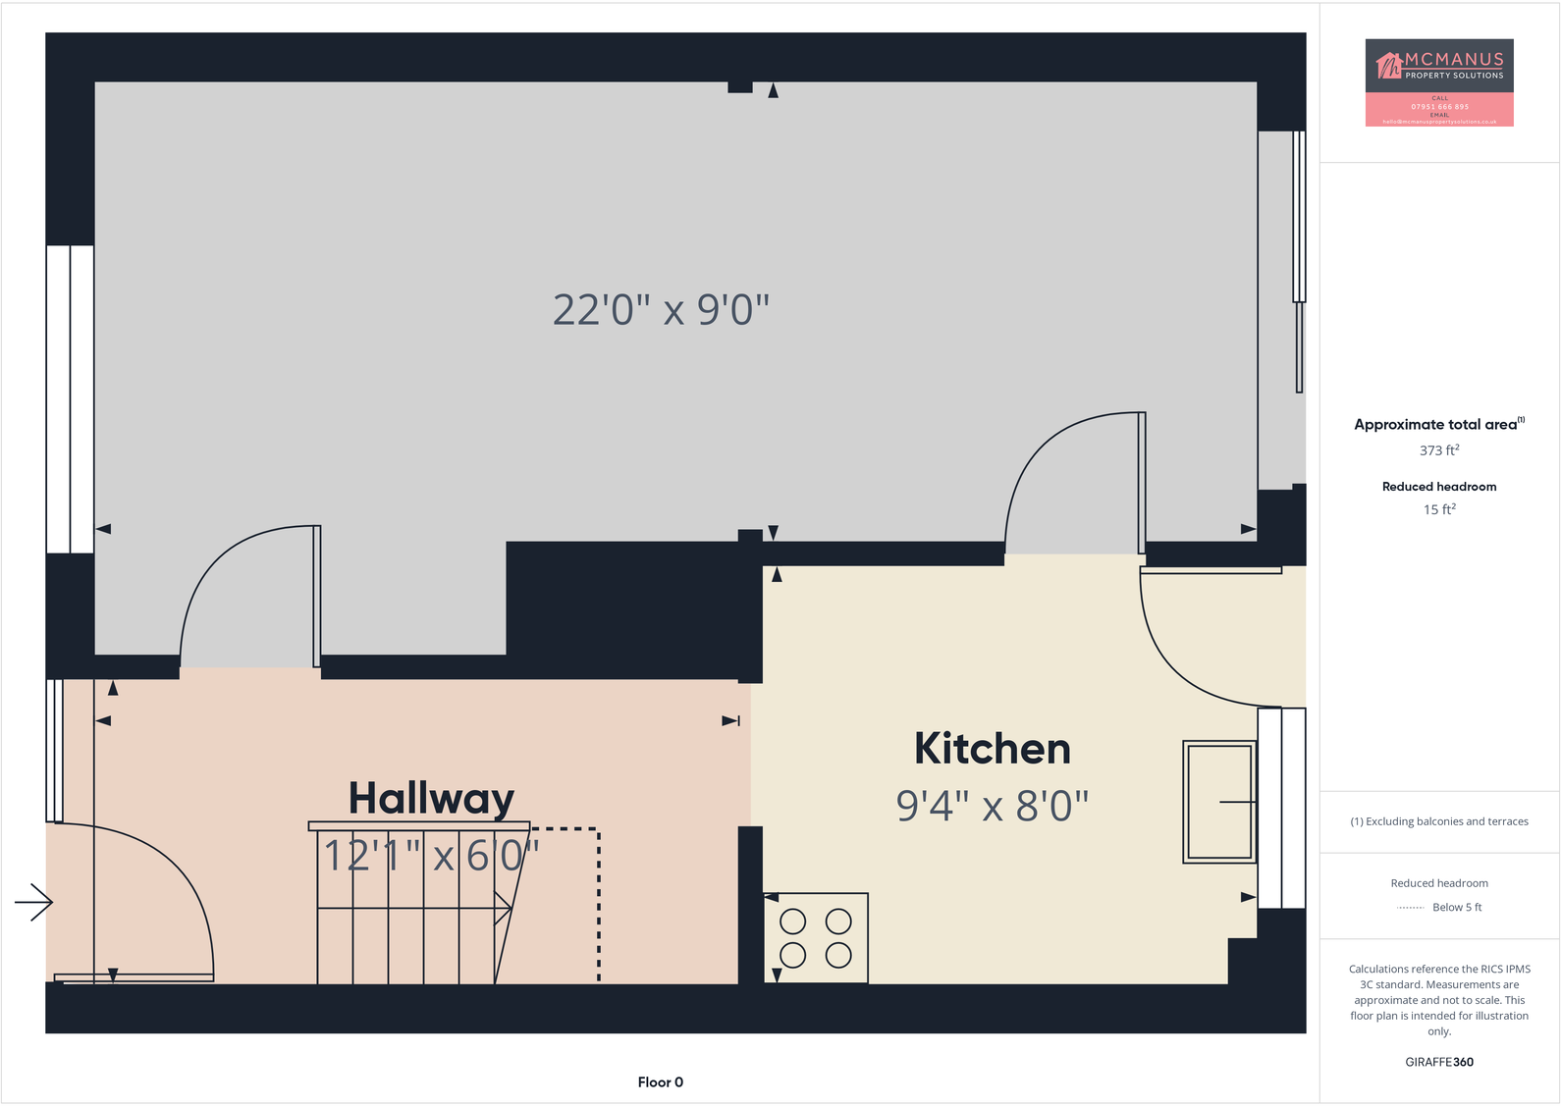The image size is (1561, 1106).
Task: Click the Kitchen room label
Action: pyautogui.click(x=992, y=749)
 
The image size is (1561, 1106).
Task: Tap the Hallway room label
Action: pyautogui.click(x=431, y=798)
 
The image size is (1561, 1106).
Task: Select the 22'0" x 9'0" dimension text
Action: pyautogui.click(x=661, y=310)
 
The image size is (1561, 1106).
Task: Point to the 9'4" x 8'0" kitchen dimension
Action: pyautogui.click(x=992, y=806)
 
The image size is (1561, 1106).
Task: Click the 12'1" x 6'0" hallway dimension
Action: pyautogui.click(x=431, y=856)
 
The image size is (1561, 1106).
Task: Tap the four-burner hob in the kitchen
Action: pyautogui.click(x=816, y=938)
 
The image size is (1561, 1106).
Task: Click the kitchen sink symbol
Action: pyautogui.click(x=1219, y=802)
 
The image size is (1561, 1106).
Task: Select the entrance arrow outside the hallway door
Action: pyautogui.click(x=33, y=902)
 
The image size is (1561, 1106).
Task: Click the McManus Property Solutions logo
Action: pyautogui.click(x=1439, y=82)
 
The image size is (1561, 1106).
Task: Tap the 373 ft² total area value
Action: pyautogui.click(x=1439, y=450)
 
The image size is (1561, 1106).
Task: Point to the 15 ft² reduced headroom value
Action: pyautogui.click(x=1439, y=509)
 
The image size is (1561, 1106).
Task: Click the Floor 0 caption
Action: pyautogui.click(x=660, y=1082)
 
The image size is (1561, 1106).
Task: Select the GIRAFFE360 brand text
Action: pyautogui.click(x=1439, y=1062)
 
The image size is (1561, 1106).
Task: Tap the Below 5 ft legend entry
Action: pyautogui.click(x=1456, y=908)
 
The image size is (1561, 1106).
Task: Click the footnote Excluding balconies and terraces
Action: pyautogui.click(x=1439, y=821)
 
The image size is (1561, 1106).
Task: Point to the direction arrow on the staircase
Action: pyautogui.click(x=503, y=909)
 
